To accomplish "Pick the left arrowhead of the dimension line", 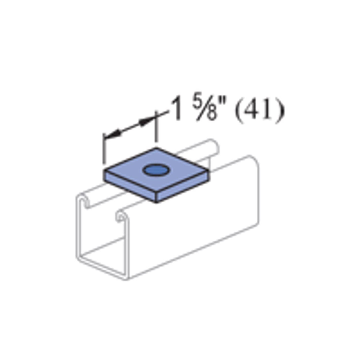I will (x=112, y=135).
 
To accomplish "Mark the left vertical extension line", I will (x=103, y=150).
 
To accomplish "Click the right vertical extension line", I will (x=156, y=127).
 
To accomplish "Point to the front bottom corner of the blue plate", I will (x=156, y=201).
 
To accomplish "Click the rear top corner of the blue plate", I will (x=156, y=148).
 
